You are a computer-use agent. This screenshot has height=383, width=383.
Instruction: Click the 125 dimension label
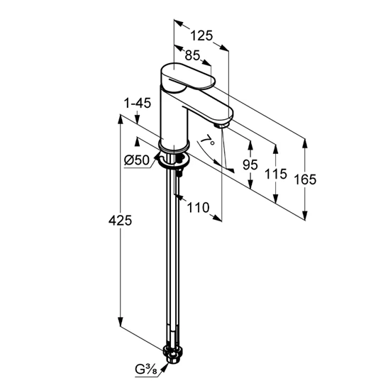pos(201,35)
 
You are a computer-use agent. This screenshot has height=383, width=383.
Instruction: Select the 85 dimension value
pos(192,55)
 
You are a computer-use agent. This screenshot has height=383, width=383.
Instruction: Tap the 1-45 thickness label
pos(138,104)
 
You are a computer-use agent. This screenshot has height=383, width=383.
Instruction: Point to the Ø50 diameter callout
pos(137,160)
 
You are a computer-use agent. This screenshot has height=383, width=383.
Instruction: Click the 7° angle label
pos(207,140)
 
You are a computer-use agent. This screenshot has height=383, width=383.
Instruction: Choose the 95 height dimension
pos(250,165)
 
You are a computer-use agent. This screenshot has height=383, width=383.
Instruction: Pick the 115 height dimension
pos(275,174)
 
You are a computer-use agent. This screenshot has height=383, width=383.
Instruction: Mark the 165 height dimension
pos(305,179)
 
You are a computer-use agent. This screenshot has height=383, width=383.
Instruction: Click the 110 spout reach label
pos(198,208)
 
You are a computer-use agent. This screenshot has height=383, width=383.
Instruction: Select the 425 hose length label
pos(120,221)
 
